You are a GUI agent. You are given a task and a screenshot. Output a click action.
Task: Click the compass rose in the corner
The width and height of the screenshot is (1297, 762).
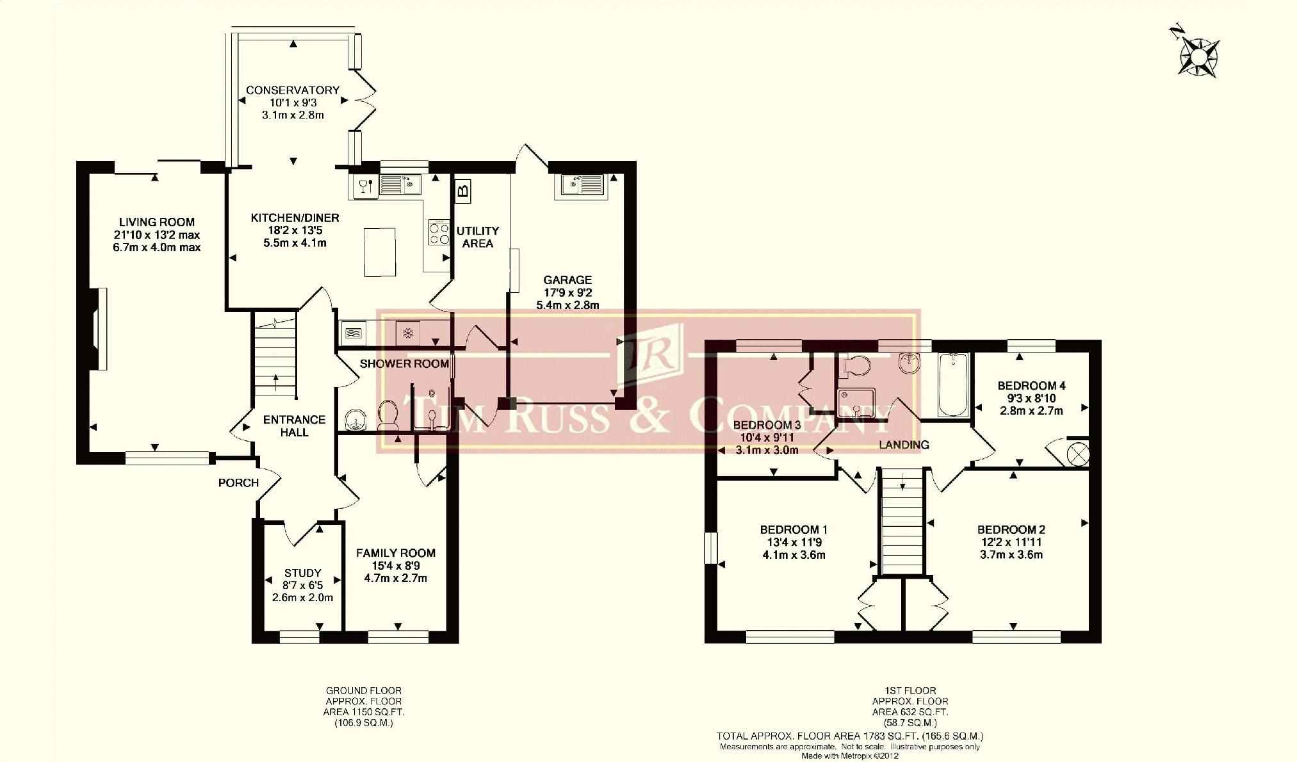(1197, 56)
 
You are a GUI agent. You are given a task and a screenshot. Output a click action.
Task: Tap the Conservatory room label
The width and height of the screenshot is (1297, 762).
(292, 90)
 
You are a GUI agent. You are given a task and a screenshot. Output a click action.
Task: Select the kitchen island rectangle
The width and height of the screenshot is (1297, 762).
(379, 252)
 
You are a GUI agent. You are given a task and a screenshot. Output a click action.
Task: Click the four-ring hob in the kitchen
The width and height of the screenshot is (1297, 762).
(439, 233)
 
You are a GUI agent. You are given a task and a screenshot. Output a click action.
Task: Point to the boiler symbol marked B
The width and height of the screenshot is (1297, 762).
(462, 190)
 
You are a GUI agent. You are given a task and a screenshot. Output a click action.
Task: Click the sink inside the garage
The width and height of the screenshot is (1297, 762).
(582, 184)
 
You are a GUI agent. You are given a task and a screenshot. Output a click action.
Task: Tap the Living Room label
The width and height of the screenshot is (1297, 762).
(157, 222)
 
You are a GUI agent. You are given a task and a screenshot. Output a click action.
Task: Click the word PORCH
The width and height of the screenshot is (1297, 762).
(238, 483)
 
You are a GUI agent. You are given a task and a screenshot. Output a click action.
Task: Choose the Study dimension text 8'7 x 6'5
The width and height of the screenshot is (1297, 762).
(302, 585)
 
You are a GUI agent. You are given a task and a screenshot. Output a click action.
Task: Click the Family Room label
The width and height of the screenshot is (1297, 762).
(396, 552)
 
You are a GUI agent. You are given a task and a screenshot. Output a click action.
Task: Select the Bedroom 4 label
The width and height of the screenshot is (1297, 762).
(1031, 386)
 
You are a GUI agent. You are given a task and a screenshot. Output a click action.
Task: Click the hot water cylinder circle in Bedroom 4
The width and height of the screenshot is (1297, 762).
(1078, 454)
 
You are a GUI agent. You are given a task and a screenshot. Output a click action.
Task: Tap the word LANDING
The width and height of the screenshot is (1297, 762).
(904, 445)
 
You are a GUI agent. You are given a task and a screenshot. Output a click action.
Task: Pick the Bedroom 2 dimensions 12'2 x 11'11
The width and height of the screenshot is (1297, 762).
(1011, 542)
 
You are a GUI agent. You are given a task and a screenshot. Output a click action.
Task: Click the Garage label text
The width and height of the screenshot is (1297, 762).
(567, 280)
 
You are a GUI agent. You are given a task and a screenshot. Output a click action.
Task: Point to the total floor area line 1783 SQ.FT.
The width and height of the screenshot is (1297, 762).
(849, 736)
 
